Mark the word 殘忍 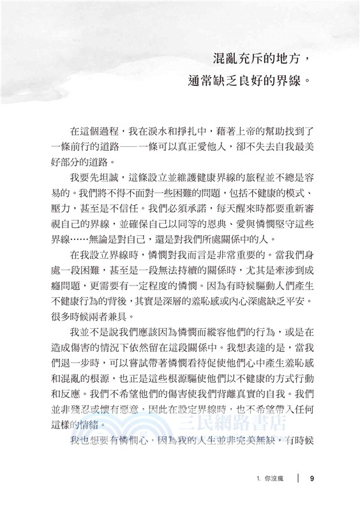pyautogui.click(x=81, y=413)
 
